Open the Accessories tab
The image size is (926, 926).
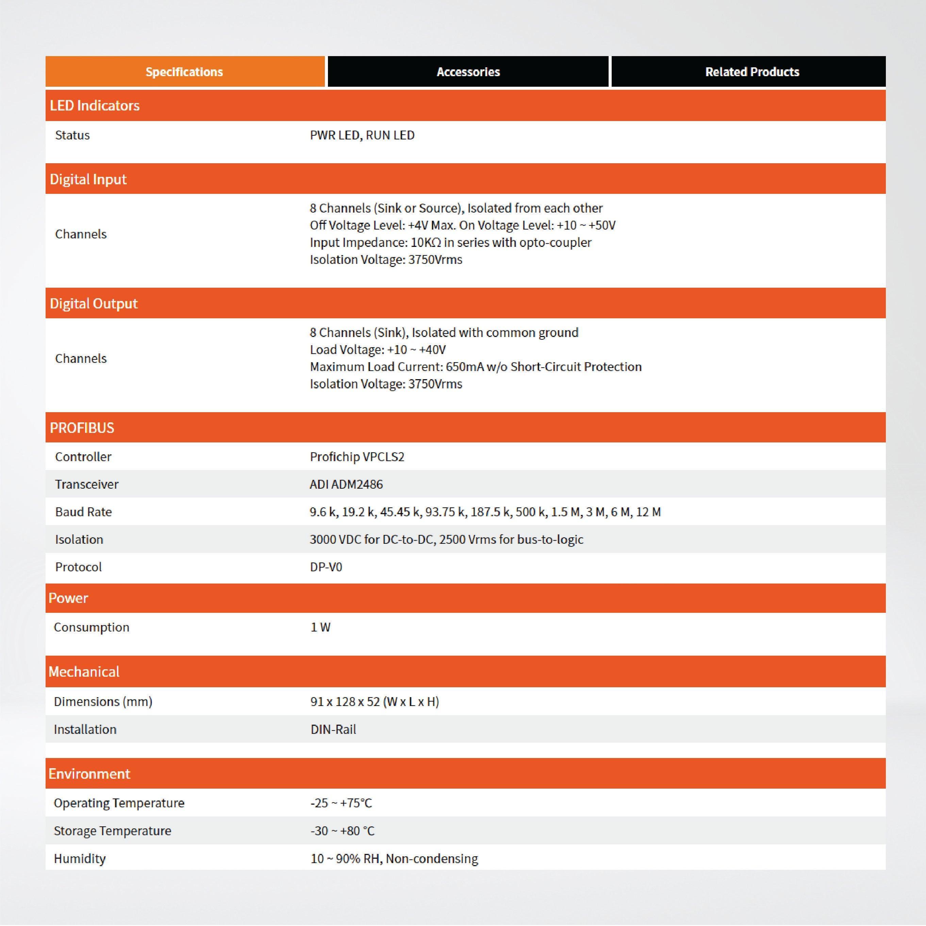point(468,72)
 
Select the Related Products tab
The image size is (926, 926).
point(751,72)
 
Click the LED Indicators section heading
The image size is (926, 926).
point(95,105)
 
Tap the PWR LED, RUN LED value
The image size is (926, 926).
point(362,135)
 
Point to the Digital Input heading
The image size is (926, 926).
point(88,179)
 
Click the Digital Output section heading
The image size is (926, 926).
point(94,303)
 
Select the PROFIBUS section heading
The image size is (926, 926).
point(82,427)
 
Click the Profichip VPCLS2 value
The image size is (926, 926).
point(357,457)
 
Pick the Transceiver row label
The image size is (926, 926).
point(87,484)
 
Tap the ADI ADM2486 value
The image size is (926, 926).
point(346,484)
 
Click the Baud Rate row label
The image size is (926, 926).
point(83,512)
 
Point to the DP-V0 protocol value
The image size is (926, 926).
point(326,567)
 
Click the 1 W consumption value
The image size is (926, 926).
point(320,627)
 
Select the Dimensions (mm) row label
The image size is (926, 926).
point(103,702)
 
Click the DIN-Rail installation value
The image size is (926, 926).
point(333,729)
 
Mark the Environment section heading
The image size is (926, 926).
point(89,774)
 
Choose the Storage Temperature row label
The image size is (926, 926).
point(112,831)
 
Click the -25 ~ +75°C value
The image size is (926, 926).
point(341,803)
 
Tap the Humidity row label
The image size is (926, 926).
point(80,858)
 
